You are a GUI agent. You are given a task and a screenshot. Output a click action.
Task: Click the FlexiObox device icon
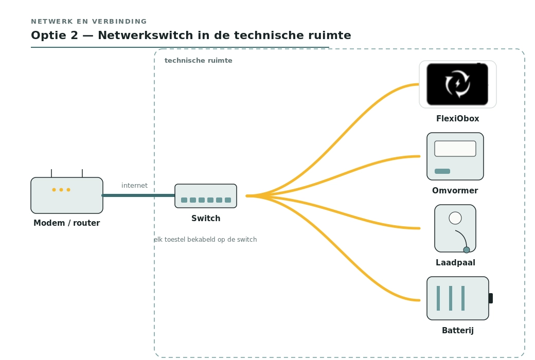457,84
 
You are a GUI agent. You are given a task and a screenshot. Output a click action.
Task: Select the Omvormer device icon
455,156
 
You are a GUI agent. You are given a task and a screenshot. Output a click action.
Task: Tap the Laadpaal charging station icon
455,229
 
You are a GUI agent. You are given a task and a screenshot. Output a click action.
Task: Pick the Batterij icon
459,298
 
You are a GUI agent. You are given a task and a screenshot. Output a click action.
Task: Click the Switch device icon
206,196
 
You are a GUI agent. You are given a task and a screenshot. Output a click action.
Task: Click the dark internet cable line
138,195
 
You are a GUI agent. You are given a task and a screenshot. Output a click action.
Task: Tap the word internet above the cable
134,185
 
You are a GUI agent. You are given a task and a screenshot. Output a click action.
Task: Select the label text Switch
206,219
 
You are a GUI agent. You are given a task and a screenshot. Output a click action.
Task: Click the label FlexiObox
457,119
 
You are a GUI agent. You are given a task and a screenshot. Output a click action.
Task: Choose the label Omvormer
455,190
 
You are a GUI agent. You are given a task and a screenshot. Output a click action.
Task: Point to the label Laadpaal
455,263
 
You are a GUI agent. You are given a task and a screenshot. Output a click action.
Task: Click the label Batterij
457,331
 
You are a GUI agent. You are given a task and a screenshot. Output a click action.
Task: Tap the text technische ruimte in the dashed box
198,60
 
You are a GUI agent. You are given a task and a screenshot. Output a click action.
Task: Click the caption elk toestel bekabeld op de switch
205,240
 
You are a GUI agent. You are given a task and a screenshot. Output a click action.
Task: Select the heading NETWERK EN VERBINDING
89,22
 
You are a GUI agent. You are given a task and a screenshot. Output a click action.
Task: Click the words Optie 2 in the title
55,35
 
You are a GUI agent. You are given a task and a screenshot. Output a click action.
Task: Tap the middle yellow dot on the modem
61,190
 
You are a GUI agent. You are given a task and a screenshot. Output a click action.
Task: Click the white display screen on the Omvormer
455,149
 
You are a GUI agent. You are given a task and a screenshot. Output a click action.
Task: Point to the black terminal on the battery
491,298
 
